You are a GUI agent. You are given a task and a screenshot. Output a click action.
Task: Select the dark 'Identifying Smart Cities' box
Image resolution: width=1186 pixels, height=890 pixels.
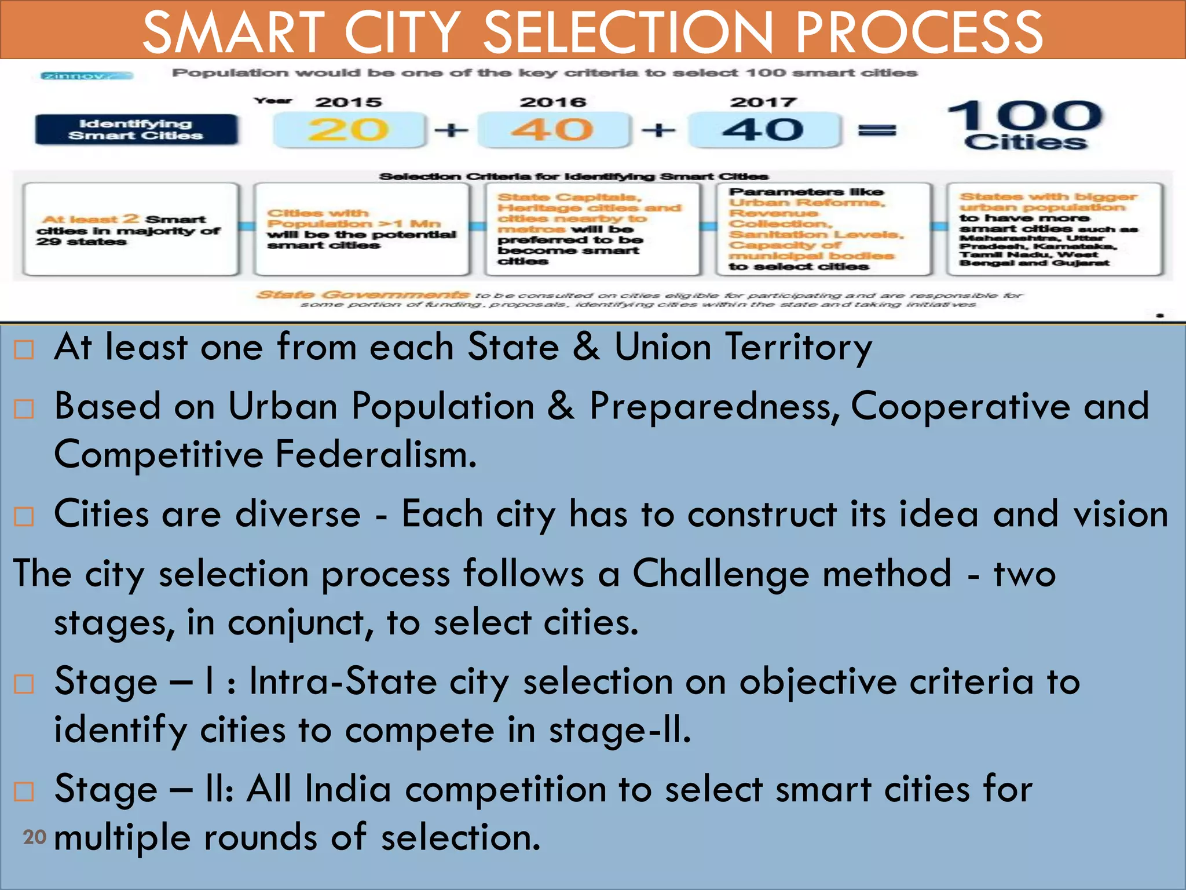coord(136,130)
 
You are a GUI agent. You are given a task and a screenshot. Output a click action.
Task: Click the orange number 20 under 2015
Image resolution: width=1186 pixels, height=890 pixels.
coord(347,130)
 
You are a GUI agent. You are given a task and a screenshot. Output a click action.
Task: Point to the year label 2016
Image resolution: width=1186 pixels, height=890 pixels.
coord(553,103)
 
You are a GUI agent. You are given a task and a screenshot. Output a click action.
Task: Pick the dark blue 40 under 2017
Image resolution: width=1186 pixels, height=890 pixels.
coord(763,130)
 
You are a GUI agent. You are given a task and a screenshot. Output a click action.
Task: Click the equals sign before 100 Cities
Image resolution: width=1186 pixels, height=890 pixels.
coord(877,130)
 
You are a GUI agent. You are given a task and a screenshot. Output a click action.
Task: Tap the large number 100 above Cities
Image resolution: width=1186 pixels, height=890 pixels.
coord(1025,115)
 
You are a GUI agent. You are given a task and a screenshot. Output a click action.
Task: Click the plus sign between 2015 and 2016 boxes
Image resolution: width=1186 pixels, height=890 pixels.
coord(451,130)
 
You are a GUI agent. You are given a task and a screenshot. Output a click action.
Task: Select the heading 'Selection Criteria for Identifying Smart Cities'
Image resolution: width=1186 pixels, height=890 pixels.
coord(573,176)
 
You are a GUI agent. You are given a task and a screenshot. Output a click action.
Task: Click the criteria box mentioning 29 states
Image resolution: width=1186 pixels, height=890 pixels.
coord(130,229)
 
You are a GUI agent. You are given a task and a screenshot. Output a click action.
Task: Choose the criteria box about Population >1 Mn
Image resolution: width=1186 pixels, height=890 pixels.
coord(361,229)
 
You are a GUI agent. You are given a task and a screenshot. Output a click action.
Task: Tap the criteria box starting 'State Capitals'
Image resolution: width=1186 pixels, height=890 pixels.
coord(592,229)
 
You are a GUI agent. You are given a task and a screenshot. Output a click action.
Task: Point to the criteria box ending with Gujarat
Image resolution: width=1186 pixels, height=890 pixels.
coord(1054,229)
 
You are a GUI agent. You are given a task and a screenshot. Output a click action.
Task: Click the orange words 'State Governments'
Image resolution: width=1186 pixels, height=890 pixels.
coord(363,295)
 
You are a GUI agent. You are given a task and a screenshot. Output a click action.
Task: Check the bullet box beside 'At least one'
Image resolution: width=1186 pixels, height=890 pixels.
coord(24,349)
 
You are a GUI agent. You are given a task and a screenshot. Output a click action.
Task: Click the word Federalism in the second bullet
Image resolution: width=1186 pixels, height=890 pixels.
coord(375,455)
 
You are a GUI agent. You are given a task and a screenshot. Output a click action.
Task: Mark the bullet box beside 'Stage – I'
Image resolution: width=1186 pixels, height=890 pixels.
coord(24,684)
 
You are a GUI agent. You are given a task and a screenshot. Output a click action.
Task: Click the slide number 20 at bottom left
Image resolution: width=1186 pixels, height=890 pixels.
coord(34,837)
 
